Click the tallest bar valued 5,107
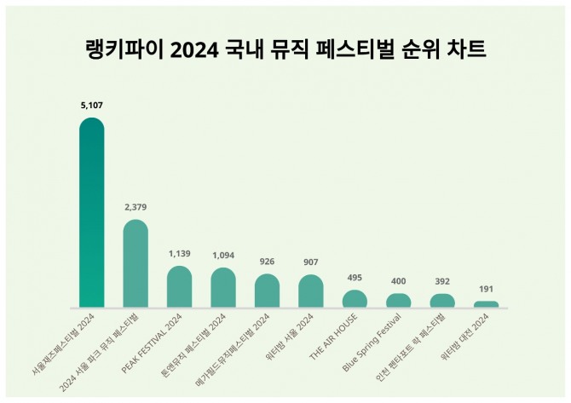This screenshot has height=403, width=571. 91,213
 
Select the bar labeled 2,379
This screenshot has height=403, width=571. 136,264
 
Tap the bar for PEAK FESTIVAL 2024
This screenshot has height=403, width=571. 179,287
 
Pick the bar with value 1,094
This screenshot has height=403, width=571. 223,288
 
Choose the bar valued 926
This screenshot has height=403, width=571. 267,291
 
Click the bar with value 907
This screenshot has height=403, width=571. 311,291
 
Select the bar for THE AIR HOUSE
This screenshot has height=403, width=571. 355,299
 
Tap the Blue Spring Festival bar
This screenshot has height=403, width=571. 398,301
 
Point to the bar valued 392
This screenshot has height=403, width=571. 442,301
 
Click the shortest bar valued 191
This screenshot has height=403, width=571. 486,304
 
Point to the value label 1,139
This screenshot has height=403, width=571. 179,254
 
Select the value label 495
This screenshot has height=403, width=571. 355,278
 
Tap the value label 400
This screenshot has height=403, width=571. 398,281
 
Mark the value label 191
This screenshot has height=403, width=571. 486,289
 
